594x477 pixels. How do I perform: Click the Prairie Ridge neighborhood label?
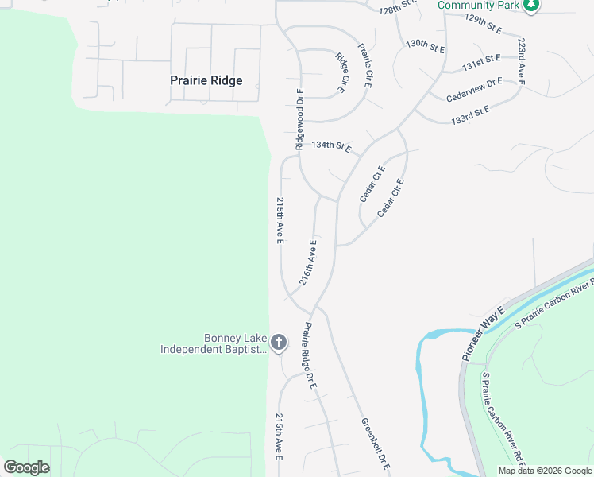click(206, 80)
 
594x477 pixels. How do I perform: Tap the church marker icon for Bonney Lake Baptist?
click(278, 343)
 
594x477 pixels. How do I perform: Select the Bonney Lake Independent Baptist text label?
click(213, 343)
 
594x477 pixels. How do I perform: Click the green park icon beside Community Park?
click(532, 6)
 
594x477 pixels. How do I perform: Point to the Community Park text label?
click(478, 6)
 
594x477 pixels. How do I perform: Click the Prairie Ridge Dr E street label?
click(310, 355)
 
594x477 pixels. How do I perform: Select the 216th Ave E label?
click(308, 262)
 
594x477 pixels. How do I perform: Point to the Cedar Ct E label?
click(372, 183)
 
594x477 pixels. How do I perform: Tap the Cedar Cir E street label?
click(391, 198)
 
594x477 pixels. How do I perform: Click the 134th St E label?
click(331, 146)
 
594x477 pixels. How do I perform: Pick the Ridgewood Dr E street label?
click(300, 119)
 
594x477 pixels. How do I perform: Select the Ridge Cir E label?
click(341, 72)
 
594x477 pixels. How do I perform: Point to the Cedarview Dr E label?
click(475, 88)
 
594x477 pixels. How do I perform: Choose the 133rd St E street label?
click(470, 112)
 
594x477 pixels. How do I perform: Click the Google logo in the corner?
click(26, 467)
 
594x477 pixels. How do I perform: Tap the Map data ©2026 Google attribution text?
click(545, 471)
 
